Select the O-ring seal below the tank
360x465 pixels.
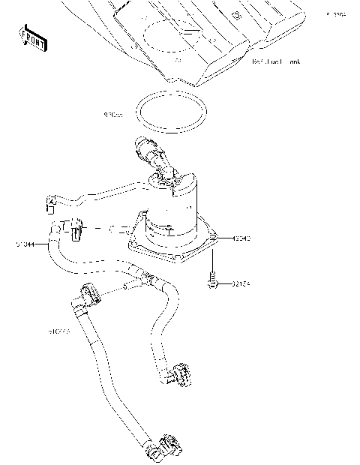172,115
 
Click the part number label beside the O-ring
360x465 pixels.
114,115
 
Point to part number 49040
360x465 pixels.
241,238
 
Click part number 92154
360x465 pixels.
241,284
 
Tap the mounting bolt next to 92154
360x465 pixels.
212,281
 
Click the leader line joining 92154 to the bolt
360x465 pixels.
225,284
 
